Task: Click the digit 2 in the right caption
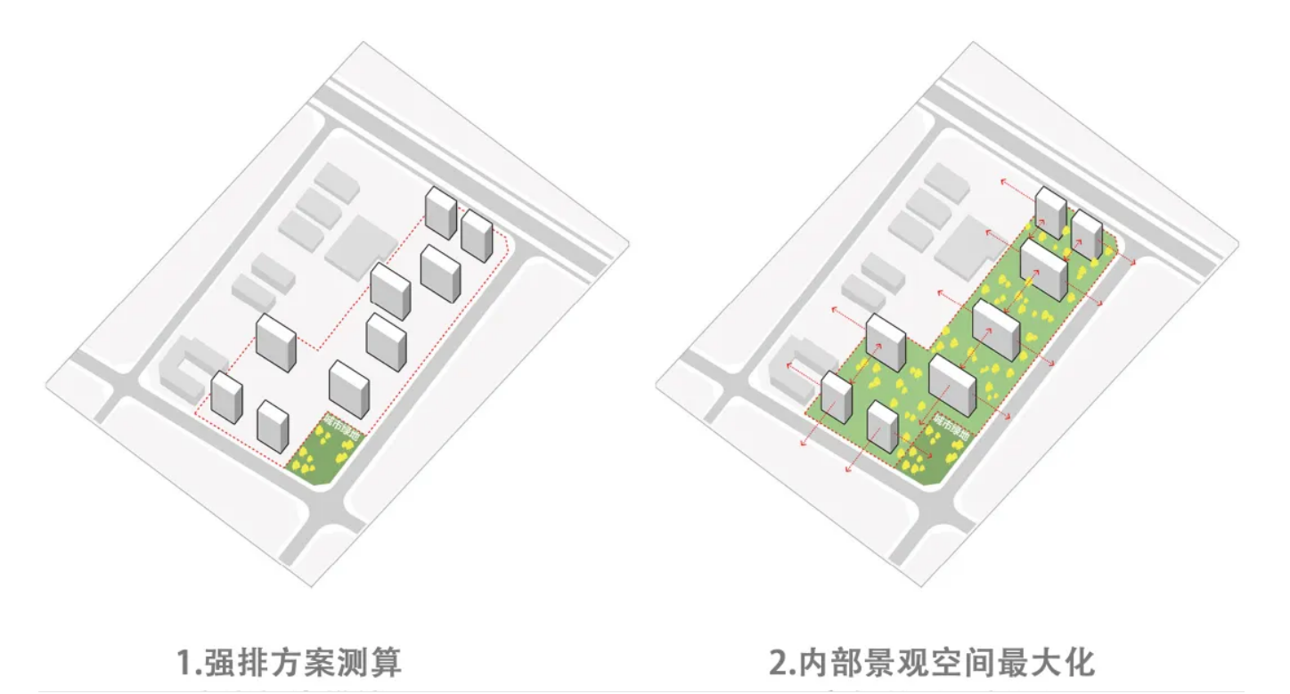pos(779,663)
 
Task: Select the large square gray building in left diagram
pos(361,244)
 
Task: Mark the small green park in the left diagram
pos(316,459)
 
